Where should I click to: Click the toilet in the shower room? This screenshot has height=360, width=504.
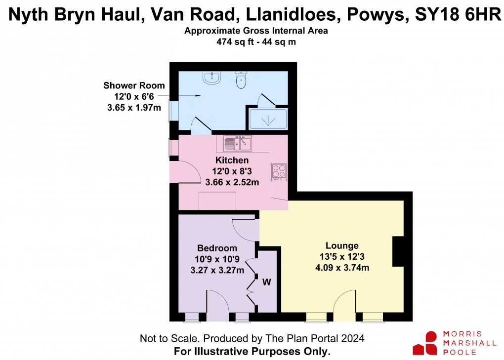(x=241, y=80)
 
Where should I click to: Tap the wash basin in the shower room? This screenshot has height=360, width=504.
(x=213, y=77)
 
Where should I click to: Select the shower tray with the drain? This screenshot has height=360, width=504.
(x=268, y=119)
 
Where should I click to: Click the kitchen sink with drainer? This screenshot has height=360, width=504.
(x=238, y=143)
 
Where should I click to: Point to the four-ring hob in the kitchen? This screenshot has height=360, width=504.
(x=279, y=172)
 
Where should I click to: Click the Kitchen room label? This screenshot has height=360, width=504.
(x=232, y=160)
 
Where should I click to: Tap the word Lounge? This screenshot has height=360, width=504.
(x=342, y=246)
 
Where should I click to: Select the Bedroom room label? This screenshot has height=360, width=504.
(x=217, y=248)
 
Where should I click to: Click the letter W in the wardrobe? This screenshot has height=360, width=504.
(x=266, y=282)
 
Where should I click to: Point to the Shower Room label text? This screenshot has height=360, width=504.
(x=134, y=85)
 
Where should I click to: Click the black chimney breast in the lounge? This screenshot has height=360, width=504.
(x=398, y=251)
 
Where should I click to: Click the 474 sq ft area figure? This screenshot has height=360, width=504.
(x=232, y=42)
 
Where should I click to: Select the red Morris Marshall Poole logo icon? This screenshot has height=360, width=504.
(x=425, y=343)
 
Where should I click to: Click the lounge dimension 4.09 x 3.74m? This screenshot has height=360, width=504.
(x=342, y=268)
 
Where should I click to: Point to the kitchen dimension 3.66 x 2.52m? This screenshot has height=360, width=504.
(x=232, y=183)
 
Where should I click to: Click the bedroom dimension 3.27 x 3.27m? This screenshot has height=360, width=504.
(x=217, y=270)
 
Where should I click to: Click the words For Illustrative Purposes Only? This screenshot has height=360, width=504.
(x=252, y=352)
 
